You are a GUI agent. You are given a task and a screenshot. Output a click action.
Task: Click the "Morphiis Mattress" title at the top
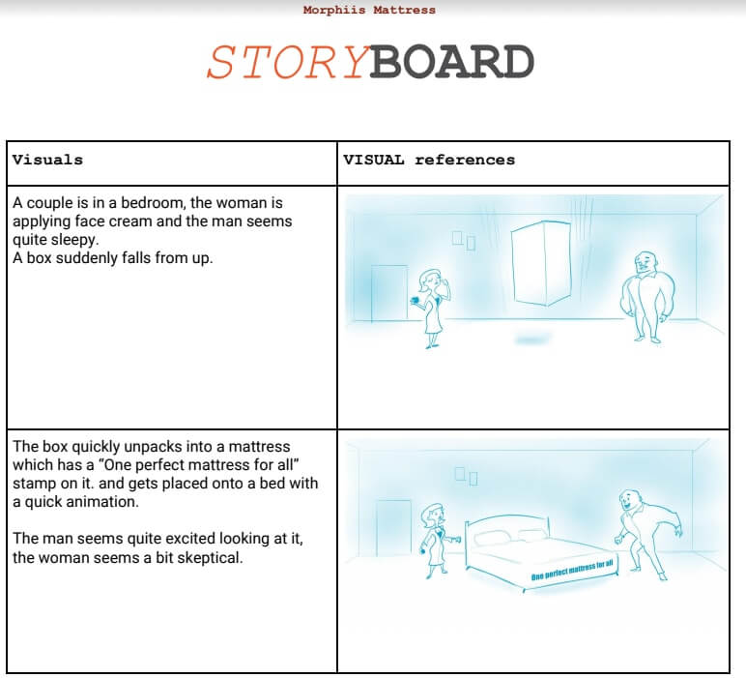(369, 11)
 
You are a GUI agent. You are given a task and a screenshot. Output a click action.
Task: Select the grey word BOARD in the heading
(452, 63)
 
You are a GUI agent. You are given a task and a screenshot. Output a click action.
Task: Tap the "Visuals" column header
(47, 160)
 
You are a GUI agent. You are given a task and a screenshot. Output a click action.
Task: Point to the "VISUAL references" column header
(429, 160)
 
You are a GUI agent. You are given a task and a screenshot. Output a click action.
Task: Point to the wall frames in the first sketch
(464, 240)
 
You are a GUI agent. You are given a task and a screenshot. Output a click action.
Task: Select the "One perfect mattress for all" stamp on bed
(572, 571)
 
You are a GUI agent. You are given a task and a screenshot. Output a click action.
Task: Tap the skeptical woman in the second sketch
(433, 539)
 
